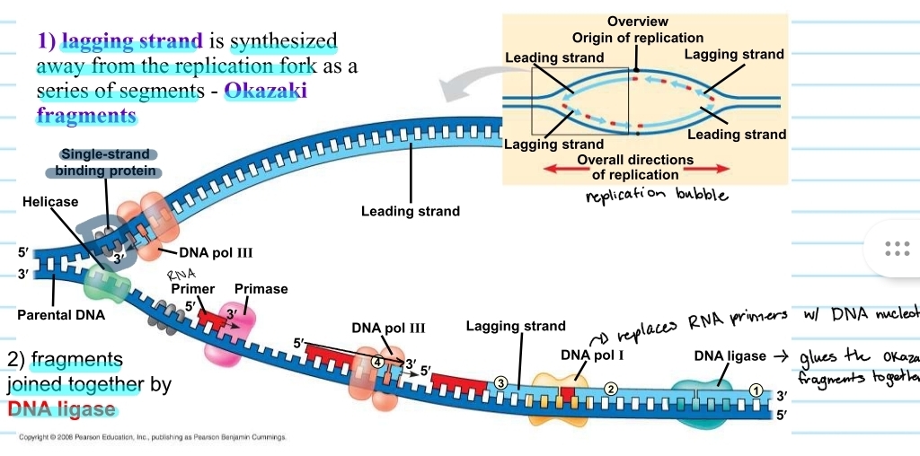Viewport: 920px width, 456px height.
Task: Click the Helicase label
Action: (x=49, y=202)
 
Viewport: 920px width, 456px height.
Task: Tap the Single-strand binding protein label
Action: (x=105, y=162)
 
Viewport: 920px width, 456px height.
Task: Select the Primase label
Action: (x=261, y=288)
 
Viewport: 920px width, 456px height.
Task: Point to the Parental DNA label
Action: (x=61, y=315)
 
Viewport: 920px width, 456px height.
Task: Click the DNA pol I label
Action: (x=592, y=355)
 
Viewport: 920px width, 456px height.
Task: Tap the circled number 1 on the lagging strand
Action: (x=755, y=390)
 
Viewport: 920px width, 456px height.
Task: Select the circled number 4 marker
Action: (x=378, y=361)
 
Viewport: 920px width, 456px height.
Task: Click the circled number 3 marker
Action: (x=500, y=383)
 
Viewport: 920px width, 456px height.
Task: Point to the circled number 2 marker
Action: (x=610, y=388)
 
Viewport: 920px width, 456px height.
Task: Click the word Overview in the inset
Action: (x=638, y=22)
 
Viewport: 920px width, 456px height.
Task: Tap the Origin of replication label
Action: (x=638, y=38)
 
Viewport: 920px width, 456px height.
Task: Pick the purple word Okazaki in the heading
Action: (x=266, y=91)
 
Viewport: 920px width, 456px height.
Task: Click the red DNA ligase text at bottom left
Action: (x=62, y=409)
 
